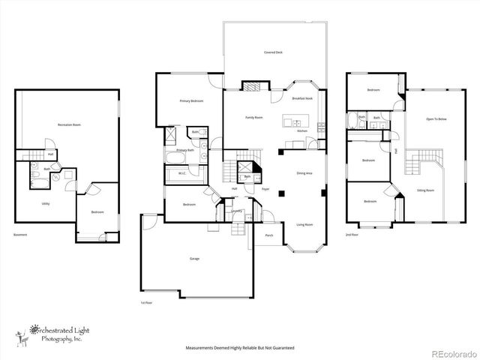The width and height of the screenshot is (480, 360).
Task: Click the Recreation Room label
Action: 69,124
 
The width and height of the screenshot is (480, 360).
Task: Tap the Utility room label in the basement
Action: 46,203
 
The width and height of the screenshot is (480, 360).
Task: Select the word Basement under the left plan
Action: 20,235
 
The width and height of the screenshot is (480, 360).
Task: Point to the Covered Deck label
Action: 273,52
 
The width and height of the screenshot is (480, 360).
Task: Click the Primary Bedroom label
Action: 191,100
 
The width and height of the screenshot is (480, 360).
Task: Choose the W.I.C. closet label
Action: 181,173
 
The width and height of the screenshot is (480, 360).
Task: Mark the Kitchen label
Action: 302,131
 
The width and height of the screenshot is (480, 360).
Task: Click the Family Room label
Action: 254,118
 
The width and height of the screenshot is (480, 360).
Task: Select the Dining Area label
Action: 304,173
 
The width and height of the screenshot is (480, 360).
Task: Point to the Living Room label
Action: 304,224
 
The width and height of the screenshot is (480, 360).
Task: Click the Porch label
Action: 268,235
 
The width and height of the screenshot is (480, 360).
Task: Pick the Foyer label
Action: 265,189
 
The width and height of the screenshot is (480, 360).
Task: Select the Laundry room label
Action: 235,211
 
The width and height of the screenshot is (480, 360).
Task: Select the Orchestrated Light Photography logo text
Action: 56,332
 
